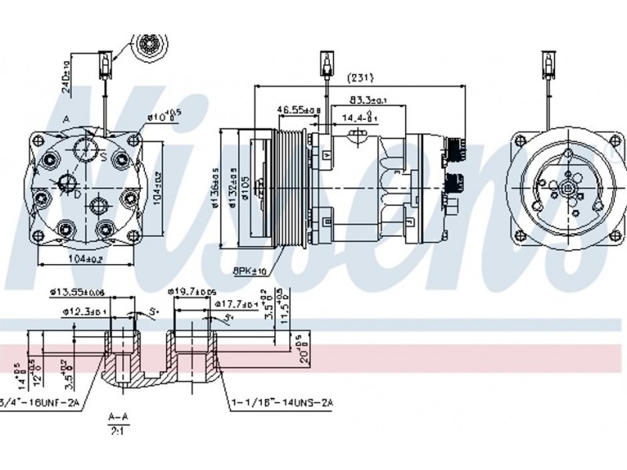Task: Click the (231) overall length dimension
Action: (x=361, y=78)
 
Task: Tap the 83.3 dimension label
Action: (x=368, y=100)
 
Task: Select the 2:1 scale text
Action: (x=119, y=429)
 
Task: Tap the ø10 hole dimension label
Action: (x=164, y=117)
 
